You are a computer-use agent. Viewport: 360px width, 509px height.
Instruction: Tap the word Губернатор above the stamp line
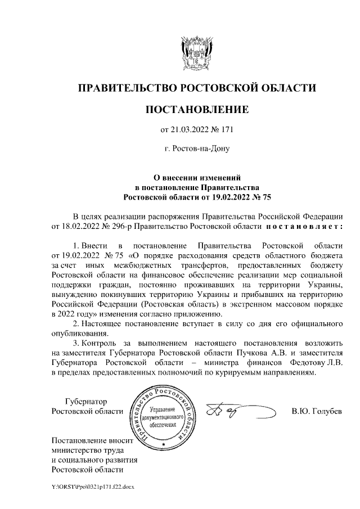[85, 402]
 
